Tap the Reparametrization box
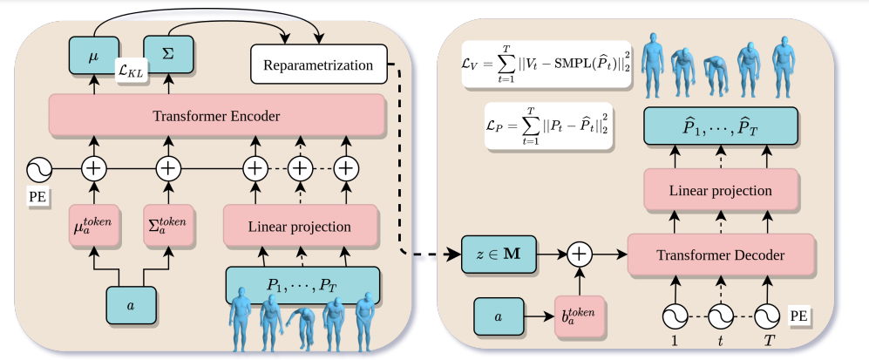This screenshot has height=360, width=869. (x=318, y=65)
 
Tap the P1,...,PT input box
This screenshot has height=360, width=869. (x=302, y=285)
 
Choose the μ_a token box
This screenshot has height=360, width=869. (x=92, y=228)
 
